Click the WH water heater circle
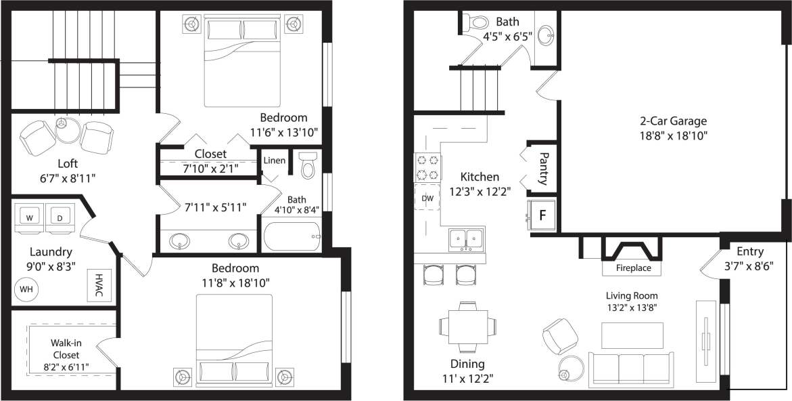[x=26, y=289]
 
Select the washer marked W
[x=30, y=218]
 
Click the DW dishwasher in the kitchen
[x=427, y=198]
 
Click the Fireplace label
[x=633, y=268]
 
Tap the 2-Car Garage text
[x=673, y=121]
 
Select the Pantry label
[x=543, y=168]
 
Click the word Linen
[x=275, y=161]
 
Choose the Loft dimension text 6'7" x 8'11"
[x=67, y=178]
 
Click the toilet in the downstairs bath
[x=477, y=22]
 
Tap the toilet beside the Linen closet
[x=308, y=165]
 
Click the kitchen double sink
[x=467, y=238]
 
